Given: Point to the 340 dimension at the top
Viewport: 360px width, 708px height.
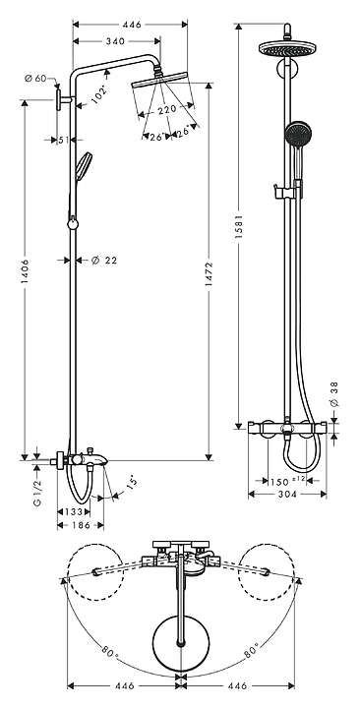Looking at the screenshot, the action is click(115, 41).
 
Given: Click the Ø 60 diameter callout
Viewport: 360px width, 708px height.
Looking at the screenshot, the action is click(35, 78).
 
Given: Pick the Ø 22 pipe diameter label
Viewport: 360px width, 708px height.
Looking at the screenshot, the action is click(104, 260).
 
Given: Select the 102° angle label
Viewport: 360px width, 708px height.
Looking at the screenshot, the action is click(99, 95).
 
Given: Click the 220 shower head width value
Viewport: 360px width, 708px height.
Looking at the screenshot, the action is click(166, 110).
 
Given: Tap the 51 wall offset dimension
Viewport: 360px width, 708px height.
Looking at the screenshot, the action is click(64, 140).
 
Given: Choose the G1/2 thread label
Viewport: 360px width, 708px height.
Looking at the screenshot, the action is click(38, 493).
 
